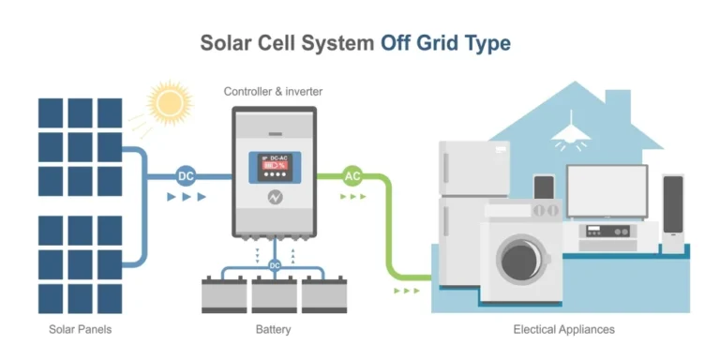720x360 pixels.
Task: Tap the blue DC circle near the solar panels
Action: tap(187, 175)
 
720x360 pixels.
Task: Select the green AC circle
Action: tap(352, 175)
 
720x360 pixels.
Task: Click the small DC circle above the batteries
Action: tap(275, 265)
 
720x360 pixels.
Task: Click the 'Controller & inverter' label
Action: tap(272, 91)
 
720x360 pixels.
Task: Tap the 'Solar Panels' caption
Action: tap(81, 330)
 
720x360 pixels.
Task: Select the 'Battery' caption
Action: tap(273, 330)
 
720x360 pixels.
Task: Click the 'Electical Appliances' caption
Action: tap(563, 330)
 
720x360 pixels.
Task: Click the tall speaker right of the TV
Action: tap(673, 214)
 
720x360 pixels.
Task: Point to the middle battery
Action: tap(275, 294)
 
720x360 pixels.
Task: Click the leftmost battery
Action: tap(224, 294)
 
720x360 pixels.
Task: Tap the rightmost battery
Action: tap(324, 294)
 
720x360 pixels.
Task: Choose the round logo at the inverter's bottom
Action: tap(275, 199)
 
